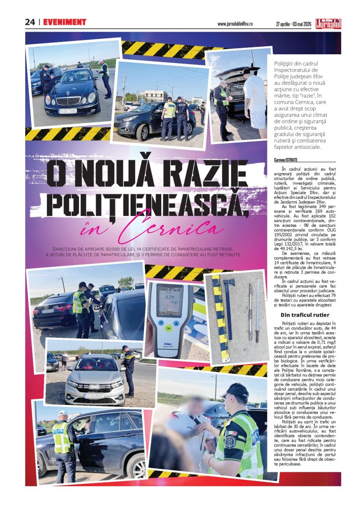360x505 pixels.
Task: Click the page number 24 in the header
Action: click(30, 22)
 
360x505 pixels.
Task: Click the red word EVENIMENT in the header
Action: click(65, 22)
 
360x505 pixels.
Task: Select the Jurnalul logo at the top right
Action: click(329, 23)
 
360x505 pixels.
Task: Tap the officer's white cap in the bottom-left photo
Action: click(63, 413)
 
